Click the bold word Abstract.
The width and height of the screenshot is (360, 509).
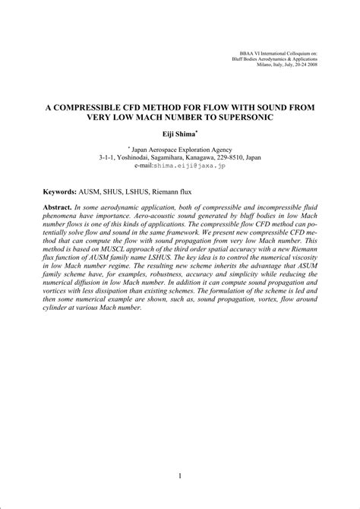coord(58,207)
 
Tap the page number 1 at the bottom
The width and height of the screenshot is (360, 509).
coord(179,476)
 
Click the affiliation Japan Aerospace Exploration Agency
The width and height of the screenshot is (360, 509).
coord(181,149)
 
